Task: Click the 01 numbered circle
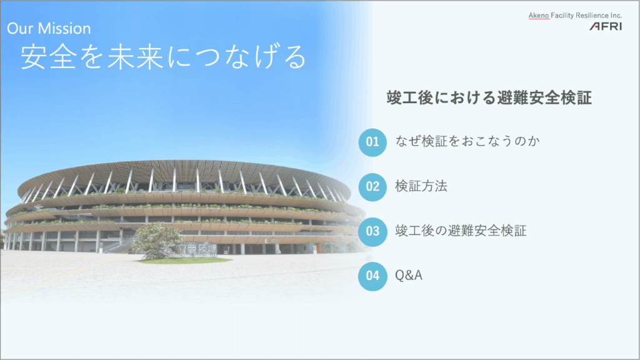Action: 372,142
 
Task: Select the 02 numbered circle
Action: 372,187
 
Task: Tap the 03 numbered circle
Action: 372,231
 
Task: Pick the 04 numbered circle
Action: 372,276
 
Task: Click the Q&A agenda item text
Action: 409,276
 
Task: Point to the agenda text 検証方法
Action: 421,186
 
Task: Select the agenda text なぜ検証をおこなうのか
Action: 467,141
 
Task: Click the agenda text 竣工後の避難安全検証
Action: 461,231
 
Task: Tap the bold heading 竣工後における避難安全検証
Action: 489,98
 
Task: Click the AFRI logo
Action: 606,26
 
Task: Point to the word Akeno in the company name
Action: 539,16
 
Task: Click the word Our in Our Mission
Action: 20,28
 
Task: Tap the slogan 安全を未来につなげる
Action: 164,57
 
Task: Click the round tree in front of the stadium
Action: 157,241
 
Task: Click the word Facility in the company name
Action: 562,16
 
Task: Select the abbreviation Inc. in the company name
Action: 616,16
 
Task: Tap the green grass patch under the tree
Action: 184,261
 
